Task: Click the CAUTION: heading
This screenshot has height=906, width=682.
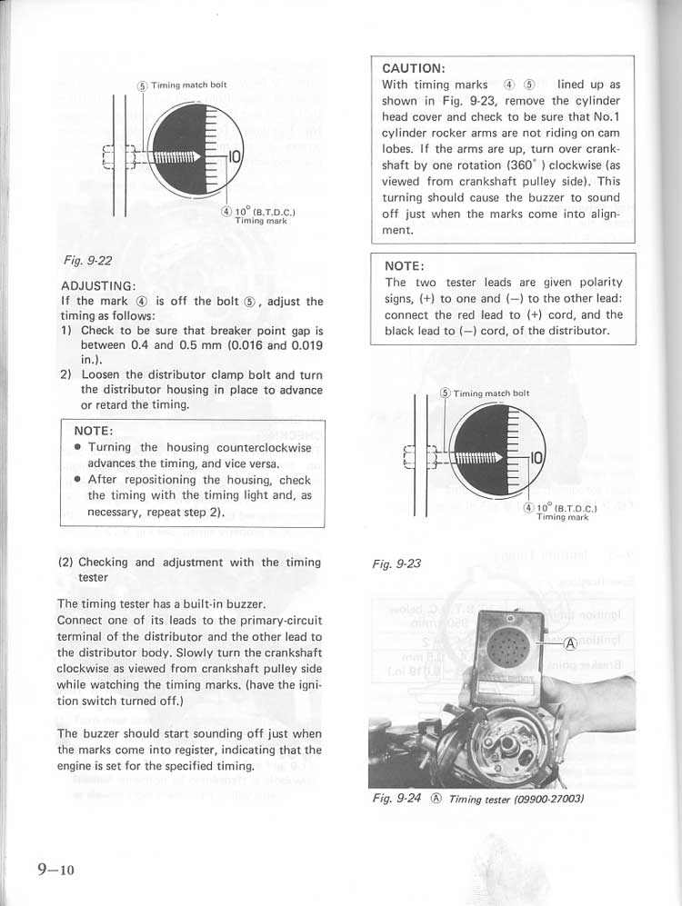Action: [415, 67]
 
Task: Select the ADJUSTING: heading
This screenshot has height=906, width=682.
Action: [98, 285]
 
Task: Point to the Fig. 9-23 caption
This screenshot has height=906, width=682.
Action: [396, 563]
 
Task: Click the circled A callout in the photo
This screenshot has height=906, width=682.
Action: [570, 644]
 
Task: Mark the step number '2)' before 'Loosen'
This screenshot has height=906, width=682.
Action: [66, 373]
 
